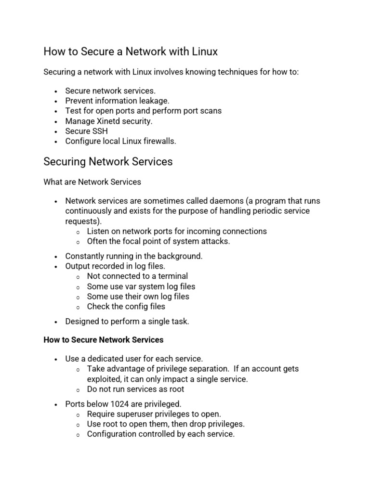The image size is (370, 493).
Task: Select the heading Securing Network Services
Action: (x=108, y=162)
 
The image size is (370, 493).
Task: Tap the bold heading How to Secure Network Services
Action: (x=104, y=340)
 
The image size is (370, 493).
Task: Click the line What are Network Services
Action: (x=92, y=182)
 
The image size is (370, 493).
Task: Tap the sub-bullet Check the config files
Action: (x=126, y=307)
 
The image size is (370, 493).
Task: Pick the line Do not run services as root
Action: (x=135, y=389)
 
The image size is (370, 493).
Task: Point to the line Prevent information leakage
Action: (x=117, y=101)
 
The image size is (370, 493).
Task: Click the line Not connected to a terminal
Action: (x=137, y=276)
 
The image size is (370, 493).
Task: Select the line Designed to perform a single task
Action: (x=127, y=322)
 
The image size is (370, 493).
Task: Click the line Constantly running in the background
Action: (x=134, y=256)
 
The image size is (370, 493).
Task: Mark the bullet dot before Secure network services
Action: (x=56, y=91)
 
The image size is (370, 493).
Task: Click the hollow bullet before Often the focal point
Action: (x=78, y=242)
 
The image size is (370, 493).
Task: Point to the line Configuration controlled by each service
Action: (x=160, y=434)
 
